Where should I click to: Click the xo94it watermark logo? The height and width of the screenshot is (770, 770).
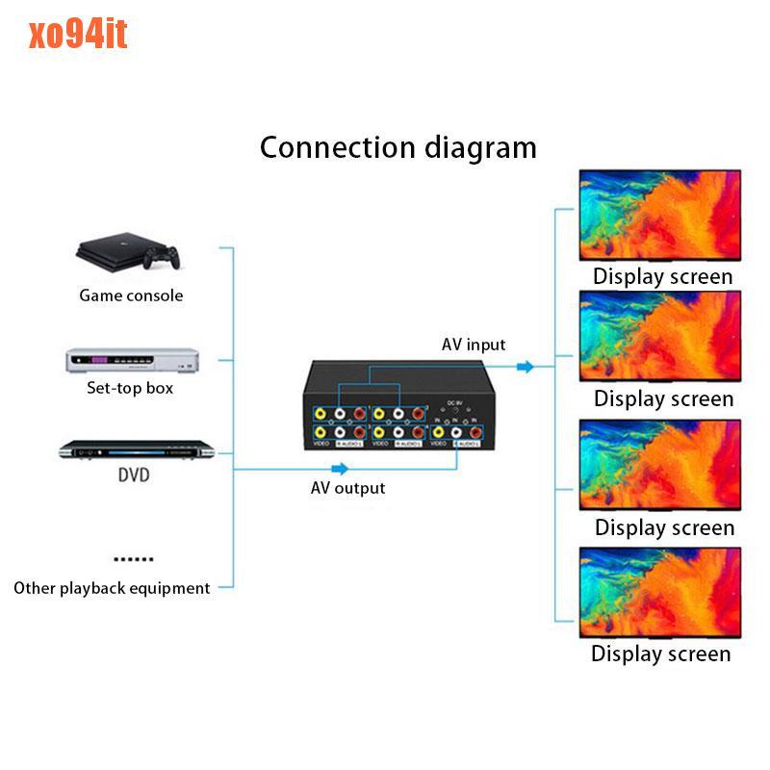(78, 35)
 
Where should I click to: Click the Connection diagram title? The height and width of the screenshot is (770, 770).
(398, 147)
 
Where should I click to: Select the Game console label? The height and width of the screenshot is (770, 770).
(131, 295)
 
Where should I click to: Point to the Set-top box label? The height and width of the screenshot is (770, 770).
(130, 389)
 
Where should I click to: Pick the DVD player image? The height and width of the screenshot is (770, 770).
(133, 449)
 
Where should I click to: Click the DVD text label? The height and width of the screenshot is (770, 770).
(134, 475)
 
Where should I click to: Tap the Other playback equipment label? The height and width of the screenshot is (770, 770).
(112, 588)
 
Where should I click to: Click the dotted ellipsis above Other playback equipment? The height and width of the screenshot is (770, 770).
(133, 558)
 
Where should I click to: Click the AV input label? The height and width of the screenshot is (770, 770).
(474, 345)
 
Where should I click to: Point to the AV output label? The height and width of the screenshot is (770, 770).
(347, 488)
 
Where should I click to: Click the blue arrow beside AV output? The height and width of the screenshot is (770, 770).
(340, 469)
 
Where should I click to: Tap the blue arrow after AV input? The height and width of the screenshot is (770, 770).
(525, 367)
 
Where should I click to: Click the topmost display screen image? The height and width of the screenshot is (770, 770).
(659, 215)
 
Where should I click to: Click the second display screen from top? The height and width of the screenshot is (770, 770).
(659, 337)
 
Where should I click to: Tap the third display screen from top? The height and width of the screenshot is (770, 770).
(659, 465)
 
